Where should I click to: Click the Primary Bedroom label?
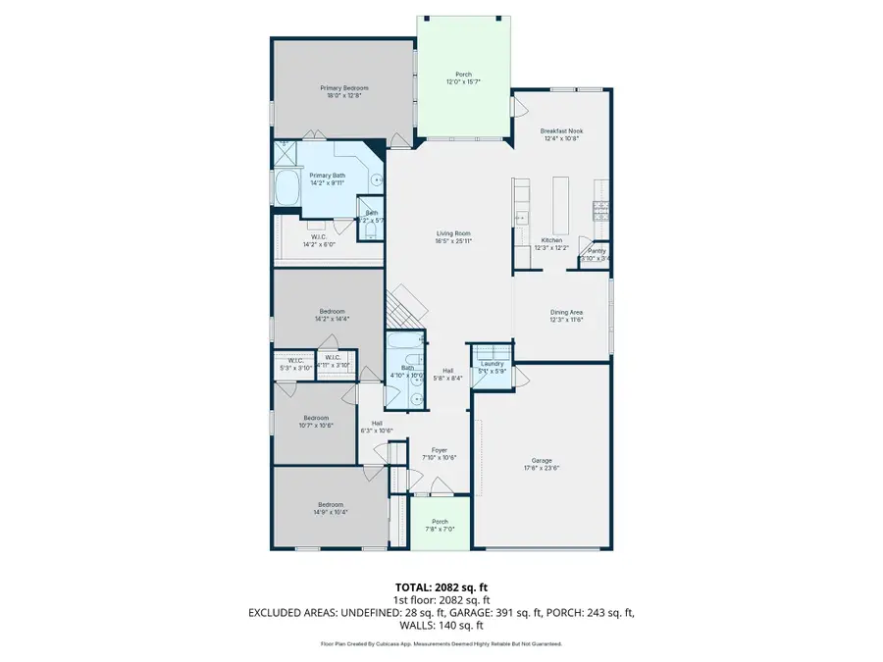(x=341, y=88)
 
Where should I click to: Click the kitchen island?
(x=561, y=201)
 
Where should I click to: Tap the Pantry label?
(x=597, y=251)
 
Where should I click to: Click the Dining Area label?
(x=565, y=312)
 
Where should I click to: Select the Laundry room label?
(x=492, y=363)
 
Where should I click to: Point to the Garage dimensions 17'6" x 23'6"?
(x=541, y=468)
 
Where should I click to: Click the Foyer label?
(x=440, y=450)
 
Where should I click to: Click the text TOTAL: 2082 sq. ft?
(x=441, y=586)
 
